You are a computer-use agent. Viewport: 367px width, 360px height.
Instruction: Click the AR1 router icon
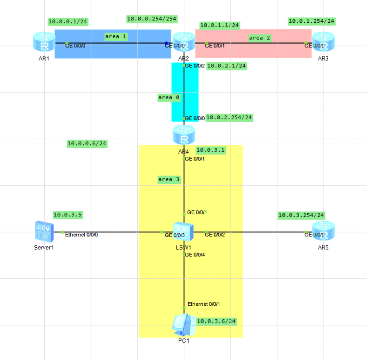point(44,42)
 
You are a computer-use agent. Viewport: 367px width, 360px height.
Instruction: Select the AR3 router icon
point(323,42)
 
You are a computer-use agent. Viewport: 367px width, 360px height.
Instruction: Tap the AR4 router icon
point(184,135)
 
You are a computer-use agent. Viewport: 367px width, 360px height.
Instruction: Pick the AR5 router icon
point(323,231)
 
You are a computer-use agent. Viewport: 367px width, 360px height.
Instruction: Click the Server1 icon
point(44,232)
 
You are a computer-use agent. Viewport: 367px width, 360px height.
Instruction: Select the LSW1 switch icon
point(183,232)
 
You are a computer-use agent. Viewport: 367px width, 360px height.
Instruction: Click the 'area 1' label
point(115,37)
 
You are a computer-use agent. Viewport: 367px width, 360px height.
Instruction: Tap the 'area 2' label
point(259,38)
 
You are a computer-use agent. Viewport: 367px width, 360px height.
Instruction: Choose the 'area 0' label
point(169,97)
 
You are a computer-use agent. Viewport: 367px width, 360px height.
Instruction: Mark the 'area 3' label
point(169,179)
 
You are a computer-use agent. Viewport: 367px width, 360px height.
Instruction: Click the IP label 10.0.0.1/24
point(68,21)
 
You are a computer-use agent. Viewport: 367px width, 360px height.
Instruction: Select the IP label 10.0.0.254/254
point(152,19)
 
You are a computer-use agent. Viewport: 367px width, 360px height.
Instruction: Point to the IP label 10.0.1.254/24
point(311,21)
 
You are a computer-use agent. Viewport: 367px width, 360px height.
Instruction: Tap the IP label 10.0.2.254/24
point(229,117)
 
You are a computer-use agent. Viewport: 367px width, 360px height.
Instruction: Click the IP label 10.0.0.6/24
point(87,143)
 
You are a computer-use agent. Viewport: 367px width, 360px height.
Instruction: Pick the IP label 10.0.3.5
point(68,215)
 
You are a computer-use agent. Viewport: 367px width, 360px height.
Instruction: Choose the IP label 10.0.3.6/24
point(216,321)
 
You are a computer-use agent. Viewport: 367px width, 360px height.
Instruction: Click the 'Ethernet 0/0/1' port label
point(204,304)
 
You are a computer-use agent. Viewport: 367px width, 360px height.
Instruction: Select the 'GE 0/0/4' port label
point(195,255)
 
